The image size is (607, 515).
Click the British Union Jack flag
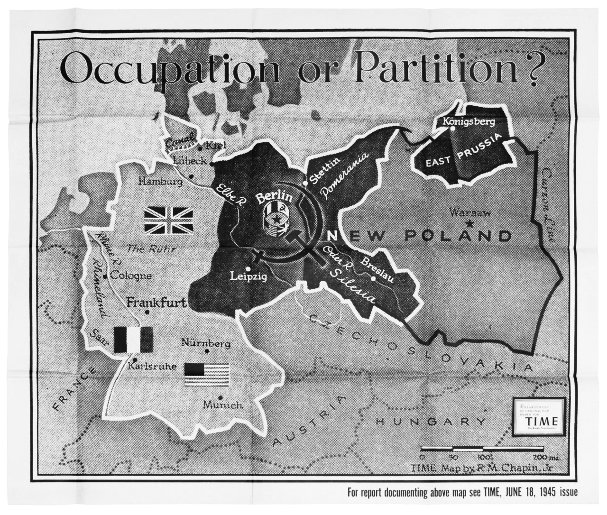pos(168,221)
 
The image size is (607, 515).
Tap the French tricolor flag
pos(133,340)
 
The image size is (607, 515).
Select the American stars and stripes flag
pos(206,374)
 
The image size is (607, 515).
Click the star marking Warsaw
pos(469,223)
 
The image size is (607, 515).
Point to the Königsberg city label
pos(468,121)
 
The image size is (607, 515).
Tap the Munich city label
pos(222,405)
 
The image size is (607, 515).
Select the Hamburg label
pos(159,181)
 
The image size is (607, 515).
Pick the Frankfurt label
pos(157,302)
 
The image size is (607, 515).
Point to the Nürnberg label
pos(206,343)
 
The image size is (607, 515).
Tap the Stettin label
pos(325,170)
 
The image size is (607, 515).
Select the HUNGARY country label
pos(431,421)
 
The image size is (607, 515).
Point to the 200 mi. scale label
pos(545,457)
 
